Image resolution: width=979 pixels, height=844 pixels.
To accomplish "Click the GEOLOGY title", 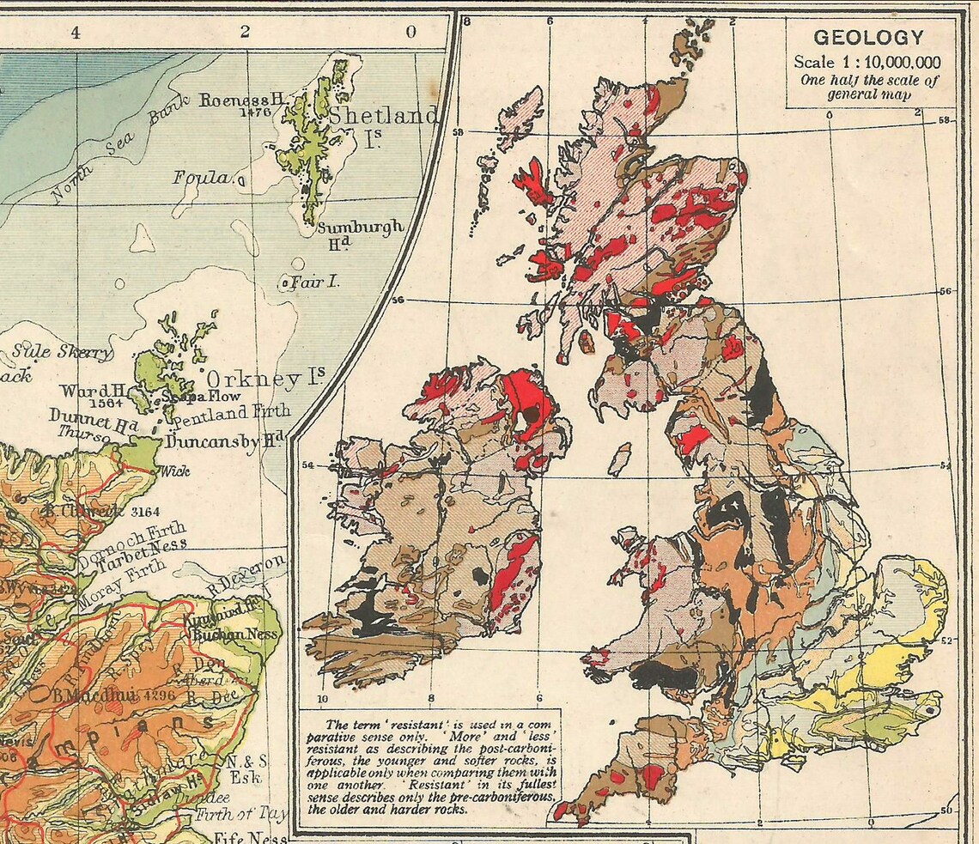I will (869, 38).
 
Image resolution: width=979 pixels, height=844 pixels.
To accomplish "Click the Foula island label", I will (202, 178).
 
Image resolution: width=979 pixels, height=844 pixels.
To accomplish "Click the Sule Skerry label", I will (62, 352).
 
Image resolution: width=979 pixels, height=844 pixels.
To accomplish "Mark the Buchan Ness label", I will (236, 635).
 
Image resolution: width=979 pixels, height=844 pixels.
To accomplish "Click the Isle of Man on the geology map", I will (619, 459).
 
